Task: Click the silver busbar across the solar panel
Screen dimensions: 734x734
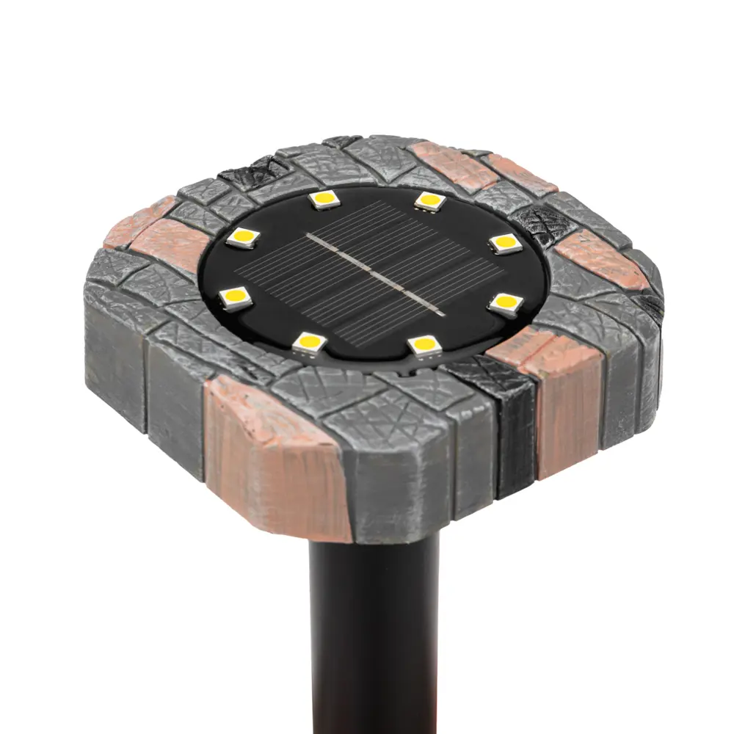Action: point(374,274)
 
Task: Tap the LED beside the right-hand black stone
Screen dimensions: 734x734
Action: point(506,243)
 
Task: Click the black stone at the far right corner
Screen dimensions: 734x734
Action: point(650,305)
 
